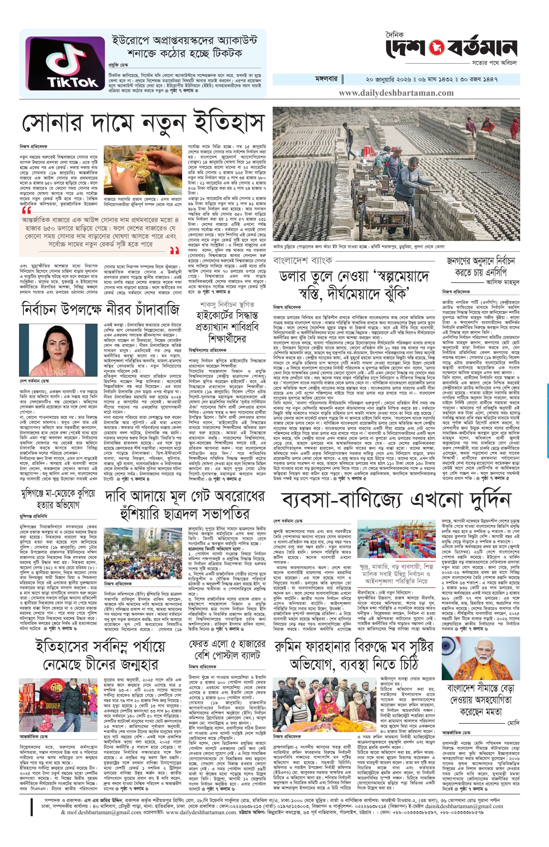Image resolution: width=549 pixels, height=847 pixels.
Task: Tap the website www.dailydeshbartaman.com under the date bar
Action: (396, 93)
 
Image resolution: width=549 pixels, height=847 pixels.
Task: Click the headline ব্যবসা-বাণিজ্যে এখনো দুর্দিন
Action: (396, 501)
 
